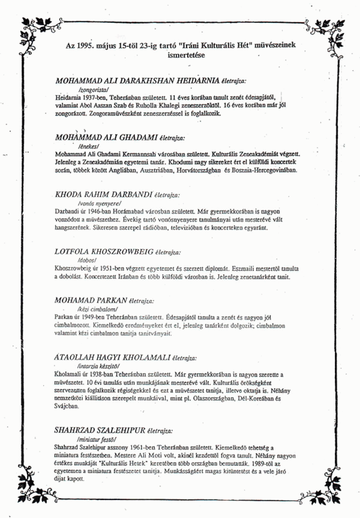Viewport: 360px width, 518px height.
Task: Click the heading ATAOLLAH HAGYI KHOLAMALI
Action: (112, 358)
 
